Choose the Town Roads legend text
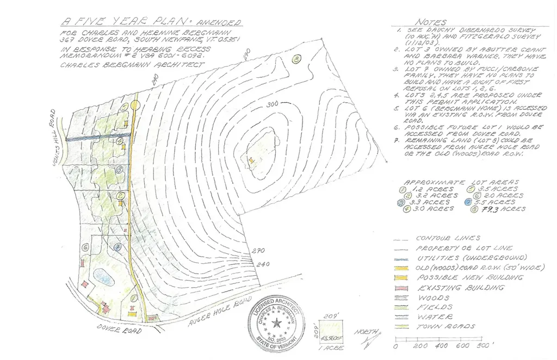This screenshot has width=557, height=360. click(x=445, y=326)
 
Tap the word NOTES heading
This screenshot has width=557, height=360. click(x=431, y=22)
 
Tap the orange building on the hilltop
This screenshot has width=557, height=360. click(x=251, y=160)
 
